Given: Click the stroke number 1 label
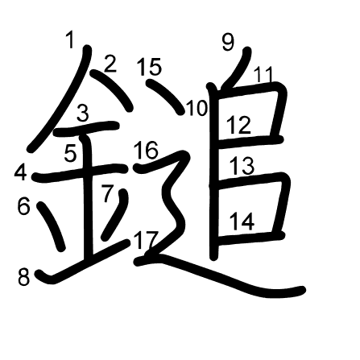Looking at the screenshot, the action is click(70, 39).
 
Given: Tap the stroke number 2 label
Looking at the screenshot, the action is click(110, 64).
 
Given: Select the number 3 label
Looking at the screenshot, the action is click(83, 113).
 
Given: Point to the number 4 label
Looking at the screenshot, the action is click(21, 172).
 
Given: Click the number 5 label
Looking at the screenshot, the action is click(71, 153).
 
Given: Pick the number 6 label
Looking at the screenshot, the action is click(23, 206).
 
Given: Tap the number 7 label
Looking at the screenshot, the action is click(108, 193).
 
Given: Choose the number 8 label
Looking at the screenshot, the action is click(23, 277).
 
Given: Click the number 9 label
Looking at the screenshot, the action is click(228, 42).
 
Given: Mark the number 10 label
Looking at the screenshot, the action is click(197, 108).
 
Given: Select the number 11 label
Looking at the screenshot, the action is click(263, 74).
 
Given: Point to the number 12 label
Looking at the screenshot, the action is click(239, 125).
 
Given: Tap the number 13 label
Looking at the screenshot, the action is click(242, 166).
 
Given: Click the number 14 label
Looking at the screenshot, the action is click(242, 221).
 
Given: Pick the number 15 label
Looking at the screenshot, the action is click(150, 66).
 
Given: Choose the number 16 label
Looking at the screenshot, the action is click(146, 150).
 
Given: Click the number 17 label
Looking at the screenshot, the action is click(145, 239).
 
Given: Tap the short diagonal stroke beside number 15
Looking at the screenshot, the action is click(165, 97).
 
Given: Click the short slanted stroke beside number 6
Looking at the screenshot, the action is click(51, 226).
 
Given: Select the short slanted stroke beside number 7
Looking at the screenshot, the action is click(115, 215).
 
